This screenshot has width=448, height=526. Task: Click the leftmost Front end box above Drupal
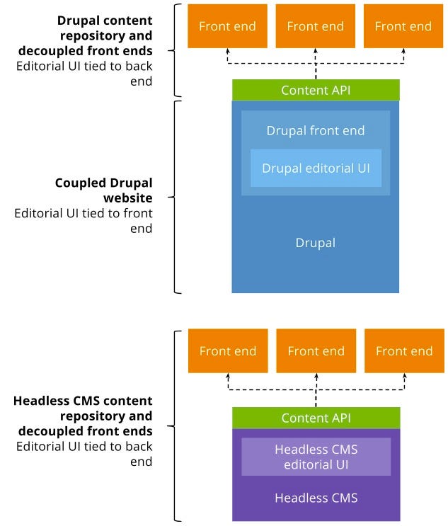tap(227, 26)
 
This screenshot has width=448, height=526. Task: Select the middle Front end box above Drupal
tap(315, 26)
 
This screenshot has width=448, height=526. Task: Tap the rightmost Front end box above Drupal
tap(403, 26)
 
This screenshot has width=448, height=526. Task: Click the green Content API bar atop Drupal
tap(315, 90)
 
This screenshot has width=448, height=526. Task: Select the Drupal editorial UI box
tap(316, 168)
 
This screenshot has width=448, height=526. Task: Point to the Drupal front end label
tap(316, 131)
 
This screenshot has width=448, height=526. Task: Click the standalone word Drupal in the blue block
tap(315, 243)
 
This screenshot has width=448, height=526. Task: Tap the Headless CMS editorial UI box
tap(316, 457)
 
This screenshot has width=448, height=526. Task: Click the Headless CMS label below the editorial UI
tap(316, 498)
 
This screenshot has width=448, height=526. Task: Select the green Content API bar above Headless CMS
tap(316, 418)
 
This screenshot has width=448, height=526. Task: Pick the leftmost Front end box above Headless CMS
tap(228, 351)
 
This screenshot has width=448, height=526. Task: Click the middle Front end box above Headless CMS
tap(316, 351)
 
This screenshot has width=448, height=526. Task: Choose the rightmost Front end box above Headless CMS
tap(403, 351)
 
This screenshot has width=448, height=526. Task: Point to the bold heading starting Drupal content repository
tap(105, 35)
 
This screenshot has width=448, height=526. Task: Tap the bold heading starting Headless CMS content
tap(84, 416)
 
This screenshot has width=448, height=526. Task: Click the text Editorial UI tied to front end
tap(84, 221)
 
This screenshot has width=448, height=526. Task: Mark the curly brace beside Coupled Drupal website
tap(176, 197)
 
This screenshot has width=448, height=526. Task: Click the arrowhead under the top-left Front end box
tap(227, 51)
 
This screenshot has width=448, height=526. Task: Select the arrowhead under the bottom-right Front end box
tap(403, 376)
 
